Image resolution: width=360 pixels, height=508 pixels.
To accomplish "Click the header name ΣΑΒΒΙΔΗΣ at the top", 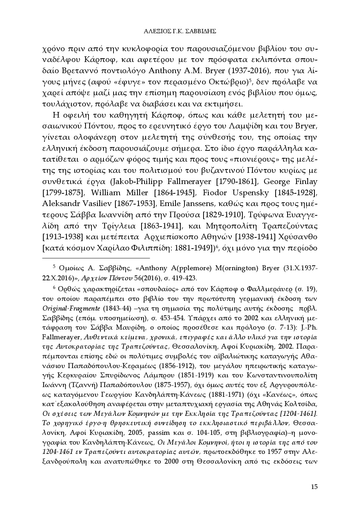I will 199,31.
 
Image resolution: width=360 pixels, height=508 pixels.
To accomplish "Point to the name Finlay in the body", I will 306,182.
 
